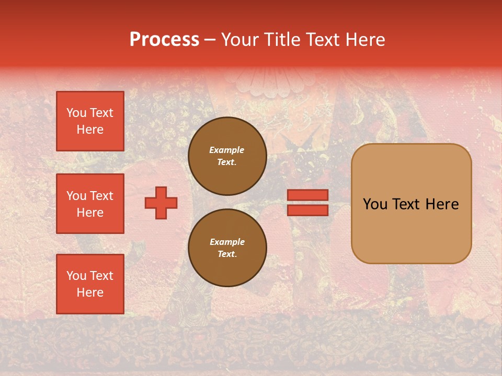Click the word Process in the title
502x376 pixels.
click(164, 40)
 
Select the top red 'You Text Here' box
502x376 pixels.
click(90, 121)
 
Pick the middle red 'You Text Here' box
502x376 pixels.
click(90, 204)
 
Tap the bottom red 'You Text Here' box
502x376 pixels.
click(90, 284)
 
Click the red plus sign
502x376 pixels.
click(161, 203)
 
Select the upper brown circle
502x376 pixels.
click(227, 156)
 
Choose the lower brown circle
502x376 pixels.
click(227, 248)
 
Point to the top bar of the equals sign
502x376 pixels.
click(307, 195)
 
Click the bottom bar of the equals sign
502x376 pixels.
click(307, 210)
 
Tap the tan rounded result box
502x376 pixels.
click(411, 204)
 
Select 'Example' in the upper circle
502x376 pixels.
click(227, 150)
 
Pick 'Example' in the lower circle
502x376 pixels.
click(227, 242)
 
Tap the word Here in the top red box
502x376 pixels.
click(90, 130)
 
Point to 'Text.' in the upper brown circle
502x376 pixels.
click(227, 162)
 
